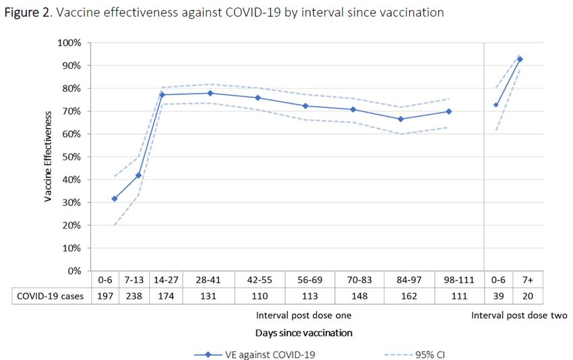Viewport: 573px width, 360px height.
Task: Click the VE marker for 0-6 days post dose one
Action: tap(115, 199)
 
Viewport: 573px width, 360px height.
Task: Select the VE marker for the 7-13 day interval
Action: tap(139, 175)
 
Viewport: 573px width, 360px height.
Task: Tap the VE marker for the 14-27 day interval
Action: tap(162, 94)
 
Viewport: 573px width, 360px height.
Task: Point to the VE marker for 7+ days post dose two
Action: tap(520, 59)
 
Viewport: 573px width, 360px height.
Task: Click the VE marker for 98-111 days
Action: tap(449, 111)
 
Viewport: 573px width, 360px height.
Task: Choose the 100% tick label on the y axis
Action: tap(69, 42)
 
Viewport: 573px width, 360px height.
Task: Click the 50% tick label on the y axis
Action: tap(71, 156)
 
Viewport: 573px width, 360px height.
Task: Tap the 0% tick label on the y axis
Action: tap(73, 270)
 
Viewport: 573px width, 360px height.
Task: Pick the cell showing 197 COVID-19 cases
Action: tap(104, 295)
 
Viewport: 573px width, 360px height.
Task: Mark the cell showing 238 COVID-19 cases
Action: tap(133, 295)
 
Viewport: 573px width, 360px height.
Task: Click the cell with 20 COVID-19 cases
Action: tap(524, 295)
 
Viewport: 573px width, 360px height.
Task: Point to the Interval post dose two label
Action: tap(519, 316)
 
